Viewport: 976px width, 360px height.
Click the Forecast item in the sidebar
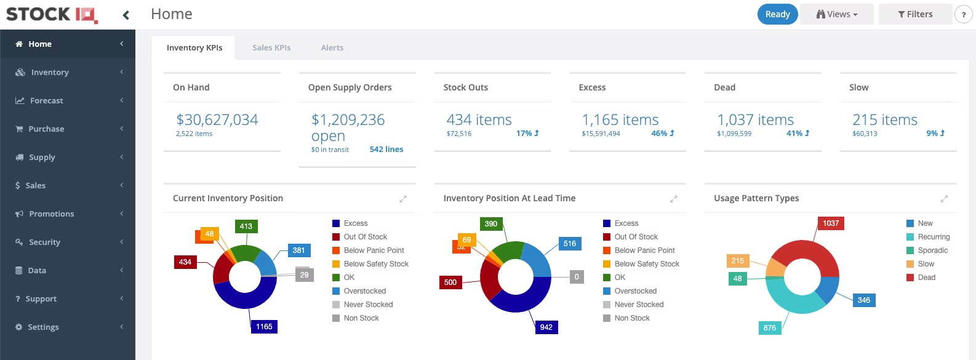point(46,100)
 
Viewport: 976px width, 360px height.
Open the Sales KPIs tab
point(271,47)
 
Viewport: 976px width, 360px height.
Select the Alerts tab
point(332,47)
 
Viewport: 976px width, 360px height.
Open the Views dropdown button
point(836,14)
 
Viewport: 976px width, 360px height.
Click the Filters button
point(915,14)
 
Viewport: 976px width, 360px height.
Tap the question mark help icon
point(963,15)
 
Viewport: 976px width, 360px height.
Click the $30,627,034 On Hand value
point(217,119)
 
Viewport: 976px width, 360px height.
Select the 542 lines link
point(386,149)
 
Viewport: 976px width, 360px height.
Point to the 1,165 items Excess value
point(620,119)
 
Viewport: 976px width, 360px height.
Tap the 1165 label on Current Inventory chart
point(264,327)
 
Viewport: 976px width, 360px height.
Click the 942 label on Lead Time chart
point(546,327)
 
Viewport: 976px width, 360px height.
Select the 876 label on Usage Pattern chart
point(769,327)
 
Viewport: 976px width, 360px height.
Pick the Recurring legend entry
point(934,237)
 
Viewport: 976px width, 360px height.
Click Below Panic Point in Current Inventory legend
point(374,250)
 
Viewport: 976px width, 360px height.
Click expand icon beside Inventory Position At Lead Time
point(673,199)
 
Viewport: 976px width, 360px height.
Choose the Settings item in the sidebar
point(43,327)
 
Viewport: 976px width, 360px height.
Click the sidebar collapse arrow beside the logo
point(126,15)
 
